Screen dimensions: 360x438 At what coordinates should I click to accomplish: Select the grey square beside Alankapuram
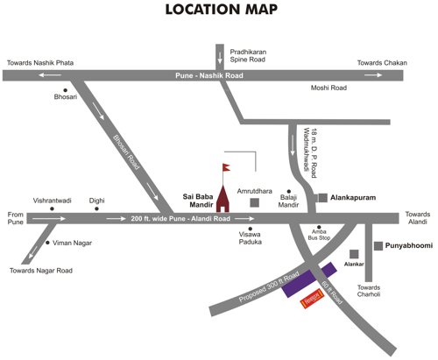321,199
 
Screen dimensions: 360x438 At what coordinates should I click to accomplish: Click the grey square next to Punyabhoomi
378,246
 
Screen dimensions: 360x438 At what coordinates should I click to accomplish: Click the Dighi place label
96,200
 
